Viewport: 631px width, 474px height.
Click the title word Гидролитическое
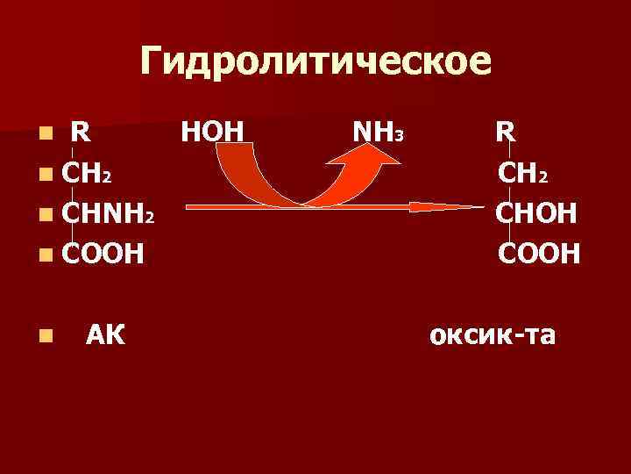316,61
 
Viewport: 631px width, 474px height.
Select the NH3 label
376,133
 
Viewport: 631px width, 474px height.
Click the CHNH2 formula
109,212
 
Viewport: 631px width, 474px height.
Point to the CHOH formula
535,212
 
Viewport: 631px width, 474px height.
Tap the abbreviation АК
105,334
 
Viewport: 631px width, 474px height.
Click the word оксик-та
492,334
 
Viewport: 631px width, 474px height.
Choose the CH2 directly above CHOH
522,173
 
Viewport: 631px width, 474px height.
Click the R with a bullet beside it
80,133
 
